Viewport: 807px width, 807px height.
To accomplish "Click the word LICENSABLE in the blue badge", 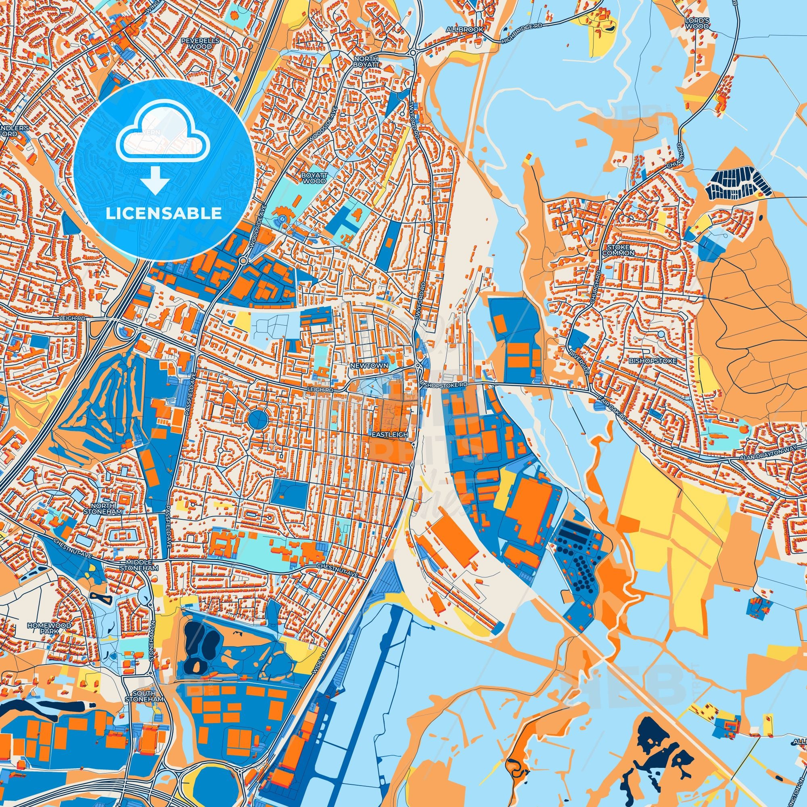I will [163, 214].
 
